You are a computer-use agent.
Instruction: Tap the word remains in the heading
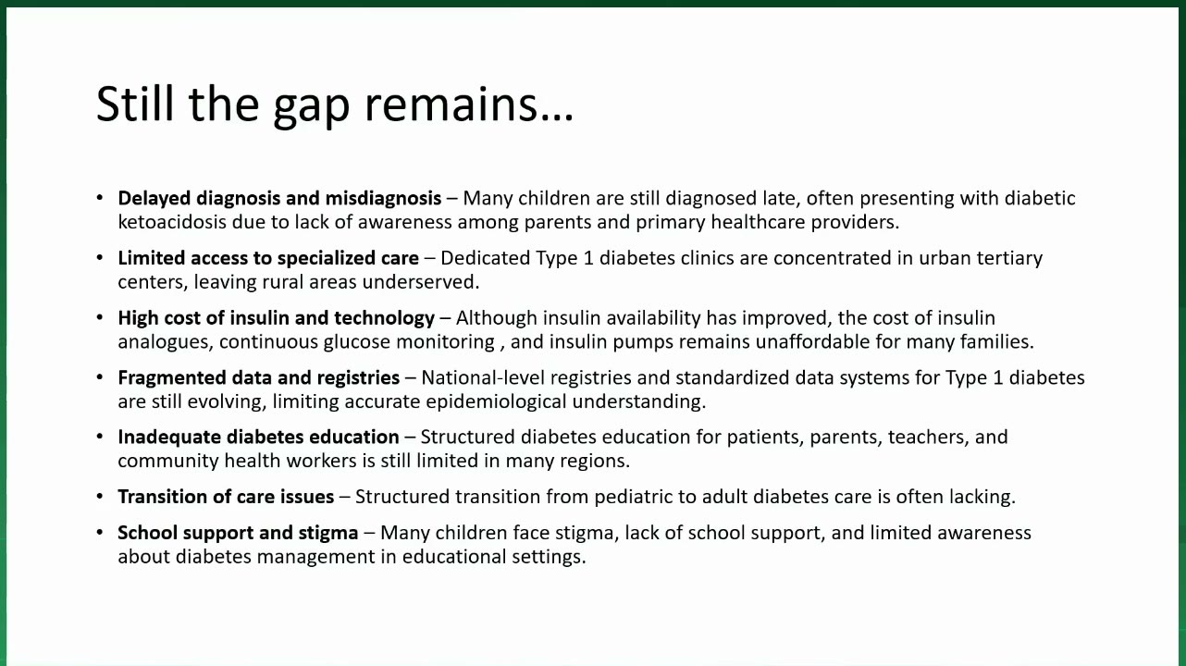(x=452, y=104)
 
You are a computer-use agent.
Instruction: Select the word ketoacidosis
(x=172, y=222)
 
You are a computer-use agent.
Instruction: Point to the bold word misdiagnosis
(x=383, y=198)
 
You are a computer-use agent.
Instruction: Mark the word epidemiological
(x=496, y=401)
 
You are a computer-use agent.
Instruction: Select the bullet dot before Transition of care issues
(x=100, y=497)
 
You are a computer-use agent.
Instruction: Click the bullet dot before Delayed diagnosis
(x=100, y=198)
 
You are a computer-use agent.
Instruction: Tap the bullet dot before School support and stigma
(x=100, y=533)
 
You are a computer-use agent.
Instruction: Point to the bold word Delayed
(x=154, y=199)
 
